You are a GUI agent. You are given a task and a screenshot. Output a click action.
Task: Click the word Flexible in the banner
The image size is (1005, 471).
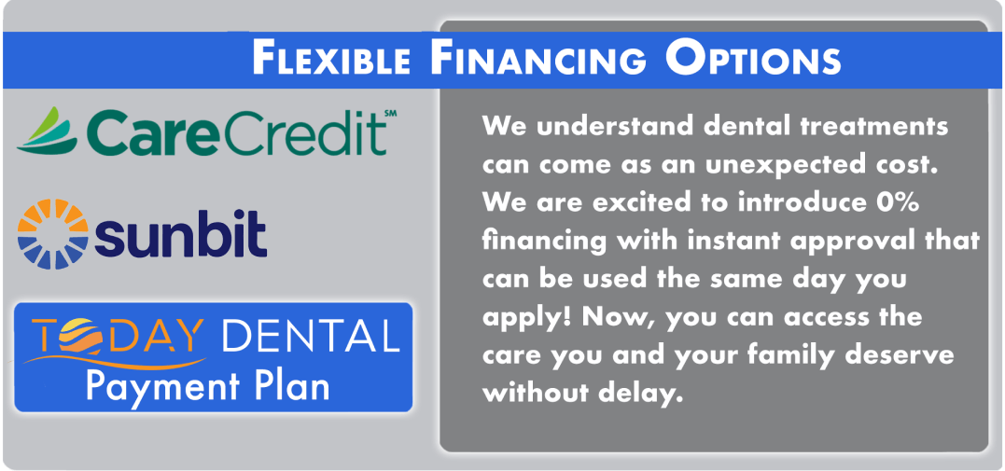point(330,60)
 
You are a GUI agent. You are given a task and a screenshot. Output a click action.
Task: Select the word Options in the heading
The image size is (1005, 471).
point(753,60)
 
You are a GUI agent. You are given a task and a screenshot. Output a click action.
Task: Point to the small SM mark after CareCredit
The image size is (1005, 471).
point(390,114)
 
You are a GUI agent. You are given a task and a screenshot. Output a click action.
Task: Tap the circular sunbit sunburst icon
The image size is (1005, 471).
point(52,234)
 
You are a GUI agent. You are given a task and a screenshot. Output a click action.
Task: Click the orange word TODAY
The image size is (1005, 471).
point(117,336)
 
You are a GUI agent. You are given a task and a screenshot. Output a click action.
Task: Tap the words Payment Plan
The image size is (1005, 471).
point(208,386)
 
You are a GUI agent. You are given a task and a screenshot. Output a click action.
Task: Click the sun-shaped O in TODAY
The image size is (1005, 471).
point(83,337)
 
